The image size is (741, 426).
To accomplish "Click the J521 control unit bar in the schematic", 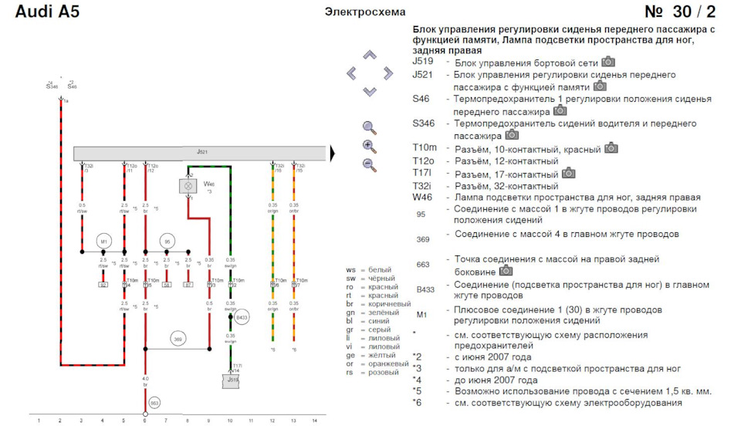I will (201, 154).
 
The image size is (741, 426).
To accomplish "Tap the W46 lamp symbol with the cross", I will (187, 186).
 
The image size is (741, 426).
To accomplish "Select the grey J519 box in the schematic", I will (231, 379).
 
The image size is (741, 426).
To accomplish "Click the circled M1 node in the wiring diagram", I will (103, 242).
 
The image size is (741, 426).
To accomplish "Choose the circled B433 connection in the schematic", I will (242, 317).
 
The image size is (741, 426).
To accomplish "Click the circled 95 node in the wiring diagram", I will (167, 242).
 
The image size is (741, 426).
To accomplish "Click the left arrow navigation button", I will (353, 73).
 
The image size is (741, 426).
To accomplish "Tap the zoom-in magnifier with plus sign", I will (369, 147).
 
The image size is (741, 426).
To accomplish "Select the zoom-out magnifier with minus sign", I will (369, 164).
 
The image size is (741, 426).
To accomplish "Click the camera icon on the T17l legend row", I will (569, 173).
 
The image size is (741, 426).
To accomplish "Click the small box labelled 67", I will (188, 285).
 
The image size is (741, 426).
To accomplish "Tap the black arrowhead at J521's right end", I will (334, 154).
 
